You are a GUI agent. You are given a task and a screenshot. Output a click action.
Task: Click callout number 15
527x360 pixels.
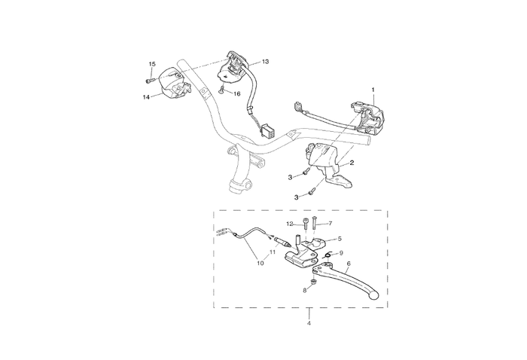[152, 64]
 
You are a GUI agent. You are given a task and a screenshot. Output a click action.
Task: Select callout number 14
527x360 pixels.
[146, 97]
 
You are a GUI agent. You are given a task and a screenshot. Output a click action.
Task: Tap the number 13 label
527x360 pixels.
[266, 62]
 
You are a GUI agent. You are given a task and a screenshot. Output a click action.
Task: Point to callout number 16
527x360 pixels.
[237, 94]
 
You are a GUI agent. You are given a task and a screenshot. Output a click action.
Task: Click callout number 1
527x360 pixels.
[373, 90]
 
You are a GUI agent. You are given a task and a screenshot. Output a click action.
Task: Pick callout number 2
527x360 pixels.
[352, 163]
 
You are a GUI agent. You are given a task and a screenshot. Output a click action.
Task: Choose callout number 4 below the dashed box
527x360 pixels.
[309, 323]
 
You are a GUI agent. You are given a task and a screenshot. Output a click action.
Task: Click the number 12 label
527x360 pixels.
[290, 224]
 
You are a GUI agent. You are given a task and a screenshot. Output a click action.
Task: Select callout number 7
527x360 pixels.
[330, 223]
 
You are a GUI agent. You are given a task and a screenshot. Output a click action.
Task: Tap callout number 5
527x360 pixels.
[340, 239]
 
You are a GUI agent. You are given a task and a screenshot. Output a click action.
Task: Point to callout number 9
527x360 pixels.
[341, 253]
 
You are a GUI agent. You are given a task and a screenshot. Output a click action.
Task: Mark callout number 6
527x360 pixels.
[349, 264]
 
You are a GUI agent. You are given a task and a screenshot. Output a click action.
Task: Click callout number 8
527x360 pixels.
[305, 291]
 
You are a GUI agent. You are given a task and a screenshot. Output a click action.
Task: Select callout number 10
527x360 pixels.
[260, 263]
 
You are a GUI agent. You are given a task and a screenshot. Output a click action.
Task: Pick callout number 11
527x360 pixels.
[273, 252]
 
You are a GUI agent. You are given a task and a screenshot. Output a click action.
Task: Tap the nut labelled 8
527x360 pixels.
[314, 281]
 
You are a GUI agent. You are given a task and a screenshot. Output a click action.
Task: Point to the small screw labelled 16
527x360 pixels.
[222, 90]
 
